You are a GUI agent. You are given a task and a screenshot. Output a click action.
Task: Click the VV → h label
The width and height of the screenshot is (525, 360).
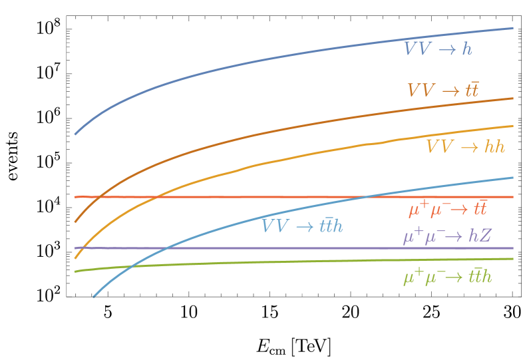coord(438,49)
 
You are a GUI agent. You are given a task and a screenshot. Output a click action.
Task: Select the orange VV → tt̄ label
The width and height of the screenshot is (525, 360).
coord(442,90)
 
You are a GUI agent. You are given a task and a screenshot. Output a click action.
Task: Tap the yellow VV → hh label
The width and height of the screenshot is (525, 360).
coord(465,147)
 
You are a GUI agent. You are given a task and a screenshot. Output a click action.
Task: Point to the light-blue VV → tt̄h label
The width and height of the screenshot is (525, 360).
coord(302,226)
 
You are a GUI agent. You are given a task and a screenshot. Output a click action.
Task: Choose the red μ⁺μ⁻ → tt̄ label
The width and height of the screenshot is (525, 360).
coord(447,210)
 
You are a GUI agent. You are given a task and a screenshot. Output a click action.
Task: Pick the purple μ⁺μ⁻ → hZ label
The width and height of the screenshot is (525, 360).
coord(446,236)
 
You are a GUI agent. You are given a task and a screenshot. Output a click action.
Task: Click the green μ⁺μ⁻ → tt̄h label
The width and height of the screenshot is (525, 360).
coord(447,277)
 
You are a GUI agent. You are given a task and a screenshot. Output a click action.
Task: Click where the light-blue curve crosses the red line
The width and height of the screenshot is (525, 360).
coord(365,197)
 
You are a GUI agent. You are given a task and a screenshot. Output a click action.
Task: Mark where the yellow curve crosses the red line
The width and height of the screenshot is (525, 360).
coord(156,197)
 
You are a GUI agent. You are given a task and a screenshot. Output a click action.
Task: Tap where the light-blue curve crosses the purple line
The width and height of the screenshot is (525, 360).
coord(167,248)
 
